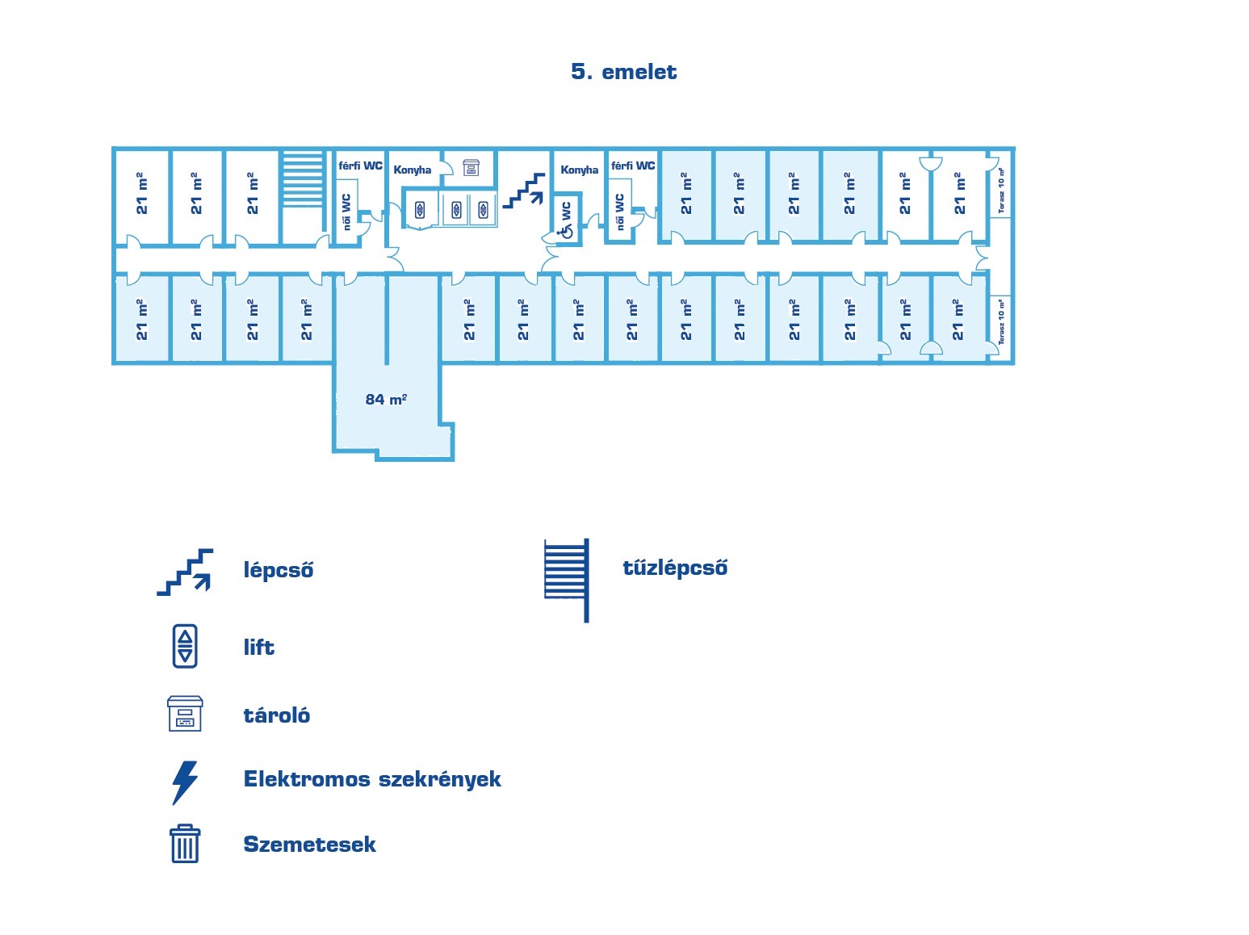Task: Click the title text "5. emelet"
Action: click(623, 72)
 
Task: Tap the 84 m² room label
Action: click(386, 399)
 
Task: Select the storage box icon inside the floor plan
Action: click(471, 167)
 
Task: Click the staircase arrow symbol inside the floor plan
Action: click(524, 191)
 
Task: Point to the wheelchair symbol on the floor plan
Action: click(566, 232)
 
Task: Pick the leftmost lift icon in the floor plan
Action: click(420, 211)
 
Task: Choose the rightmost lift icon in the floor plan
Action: click(484, 210)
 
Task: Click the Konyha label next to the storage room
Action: click(413, 170)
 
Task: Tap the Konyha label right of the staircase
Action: click(580, 170)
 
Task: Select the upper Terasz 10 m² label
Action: click(1002, 191)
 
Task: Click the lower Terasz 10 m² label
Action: click(1002, 321)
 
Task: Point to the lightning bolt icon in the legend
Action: click(185, 782)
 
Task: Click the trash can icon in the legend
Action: click(185, 844)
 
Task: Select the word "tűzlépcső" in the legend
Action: click(675, 568)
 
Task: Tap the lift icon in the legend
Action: click(185, 646)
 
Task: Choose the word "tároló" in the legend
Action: click(277, 715)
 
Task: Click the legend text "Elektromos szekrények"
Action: click(372, 779)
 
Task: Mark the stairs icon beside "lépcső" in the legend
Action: click(186, 572)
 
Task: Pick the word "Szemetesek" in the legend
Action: click(310, 845)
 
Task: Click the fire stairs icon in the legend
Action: click(567, 579)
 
